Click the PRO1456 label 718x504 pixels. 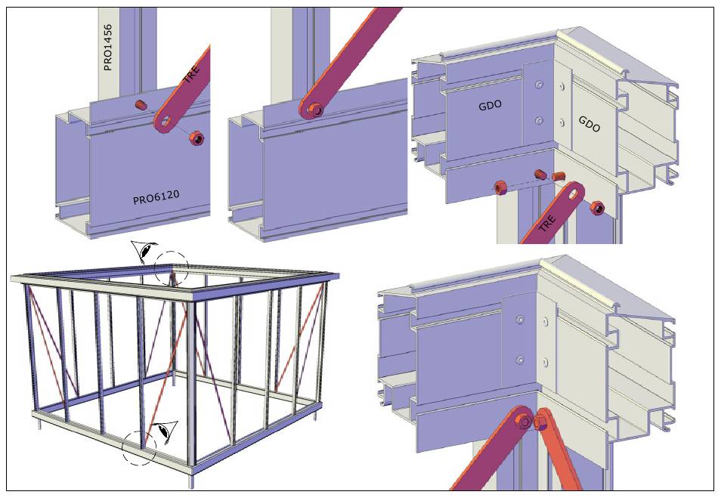pos(107,48)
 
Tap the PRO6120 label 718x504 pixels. pos(156,197)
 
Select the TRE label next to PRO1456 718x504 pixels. pos(192,75)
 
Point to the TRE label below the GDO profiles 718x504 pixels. pos(546,222)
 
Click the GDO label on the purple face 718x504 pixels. pos(490,106)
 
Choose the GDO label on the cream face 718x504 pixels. pos(590,124)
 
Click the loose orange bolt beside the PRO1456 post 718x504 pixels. pos(141,105)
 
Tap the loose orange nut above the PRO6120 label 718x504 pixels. pos(197,138)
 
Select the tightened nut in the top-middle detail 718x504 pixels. pos(314,110)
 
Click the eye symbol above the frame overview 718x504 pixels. pos(144,251)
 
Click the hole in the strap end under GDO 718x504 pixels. pos(574,194)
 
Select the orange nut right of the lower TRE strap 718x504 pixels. pos(596,208)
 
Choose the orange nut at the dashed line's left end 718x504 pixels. pos(500,187)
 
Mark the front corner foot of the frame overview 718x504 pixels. pos(191,481)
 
